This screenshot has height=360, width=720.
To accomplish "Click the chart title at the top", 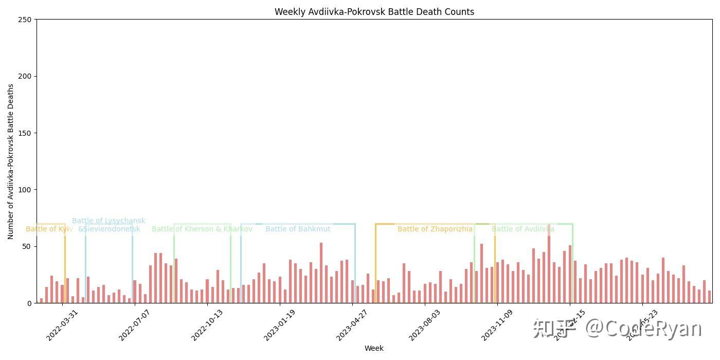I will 374,12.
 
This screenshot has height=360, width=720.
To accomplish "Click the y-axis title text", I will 11,161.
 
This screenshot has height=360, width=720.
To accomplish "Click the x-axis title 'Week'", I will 374,348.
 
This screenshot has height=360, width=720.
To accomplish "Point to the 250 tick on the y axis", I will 26,20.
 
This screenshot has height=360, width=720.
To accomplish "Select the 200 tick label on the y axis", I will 26,76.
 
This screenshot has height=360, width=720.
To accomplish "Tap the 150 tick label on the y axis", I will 26,133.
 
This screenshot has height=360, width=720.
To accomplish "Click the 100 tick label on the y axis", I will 26,190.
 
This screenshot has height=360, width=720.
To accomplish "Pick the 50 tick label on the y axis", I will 28,246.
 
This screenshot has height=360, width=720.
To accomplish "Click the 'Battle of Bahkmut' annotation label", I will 298,229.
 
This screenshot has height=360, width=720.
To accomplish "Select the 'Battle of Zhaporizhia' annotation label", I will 435,229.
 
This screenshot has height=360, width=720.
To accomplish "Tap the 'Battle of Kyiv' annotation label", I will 49,229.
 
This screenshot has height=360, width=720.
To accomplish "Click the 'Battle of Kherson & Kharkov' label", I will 202,229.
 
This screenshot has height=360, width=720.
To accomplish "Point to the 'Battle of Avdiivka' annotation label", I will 523,229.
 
